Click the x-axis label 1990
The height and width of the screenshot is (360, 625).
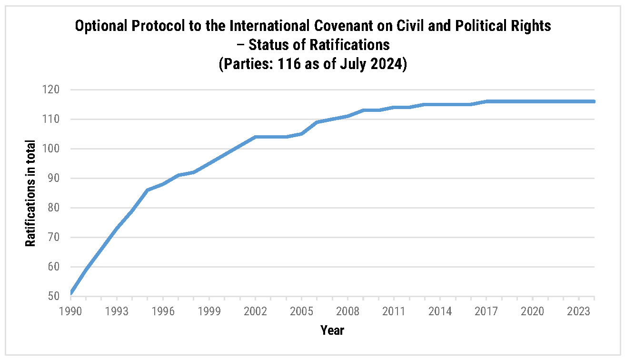pos(71,311)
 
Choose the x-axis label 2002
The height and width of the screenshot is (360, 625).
pos(256,311)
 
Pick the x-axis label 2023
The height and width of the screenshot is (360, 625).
pos(579,311)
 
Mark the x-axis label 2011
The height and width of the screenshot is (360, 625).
pos(394,311)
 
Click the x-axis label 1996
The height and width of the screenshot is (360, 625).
pos(163,311)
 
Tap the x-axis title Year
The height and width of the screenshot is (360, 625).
pos(332,330)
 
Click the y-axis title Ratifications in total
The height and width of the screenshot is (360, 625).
pos(30,193)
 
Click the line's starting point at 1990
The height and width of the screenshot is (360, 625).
pos(71,293)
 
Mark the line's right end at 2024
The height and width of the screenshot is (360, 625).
pos(594,101)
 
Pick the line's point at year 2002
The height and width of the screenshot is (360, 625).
pos(256,137)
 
